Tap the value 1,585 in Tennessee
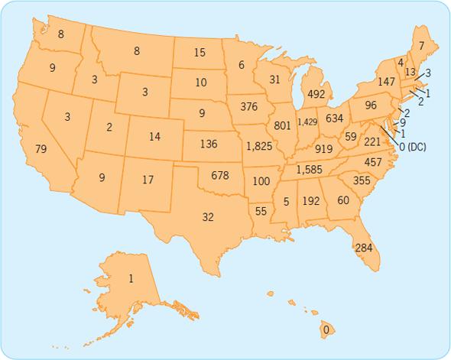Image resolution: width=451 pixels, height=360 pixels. click(x=310, y=169)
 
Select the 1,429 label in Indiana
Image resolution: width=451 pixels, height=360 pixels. click(x=307, y=122)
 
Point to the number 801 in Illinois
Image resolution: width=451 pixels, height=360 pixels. click(x=281, y=125)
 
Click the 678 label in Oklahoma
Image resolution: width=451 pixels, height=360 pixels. click(x=219, y=175)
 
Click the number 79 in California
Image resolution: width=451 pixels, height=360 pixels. click(x=41, y=148)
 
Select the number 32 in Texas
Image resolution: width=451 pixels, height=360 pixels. click(x=207, y=217)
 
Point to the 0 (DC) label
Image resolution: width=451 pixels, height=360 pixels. click(x=412, y=146)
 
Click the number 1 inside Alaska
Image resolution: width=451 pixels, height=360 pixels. click(x=131, y=279)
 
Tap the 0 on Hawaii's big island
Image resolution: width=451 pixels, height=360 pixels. click(x=326, y=330)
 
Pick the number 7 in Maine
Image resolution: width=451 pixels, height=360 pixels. click(x=421, y=47)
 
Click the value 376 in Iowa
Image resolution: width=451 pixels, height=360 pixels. click(x=249, y=106)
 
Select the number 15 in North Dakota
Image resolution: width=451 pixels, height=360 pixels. click(x=200, y=53)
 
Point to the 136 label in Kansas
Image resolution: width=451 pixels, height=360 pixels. click(x=207, y=144)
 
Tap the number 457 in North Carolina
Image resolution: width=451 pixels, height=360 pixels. click(x=373, y=162)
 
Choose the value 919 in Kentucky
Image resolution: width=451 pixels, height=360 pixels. click(x=323, y=149)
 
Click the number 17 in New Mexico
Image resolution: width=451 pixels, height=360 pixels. click(x=148, y=180)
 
